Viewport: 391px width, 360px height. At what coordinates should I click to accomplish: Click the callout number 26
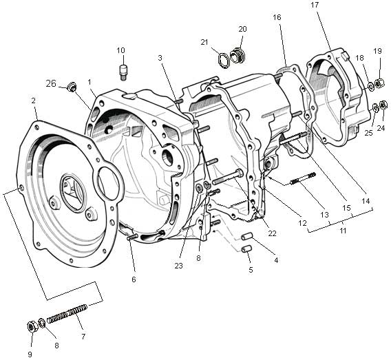point(51,83)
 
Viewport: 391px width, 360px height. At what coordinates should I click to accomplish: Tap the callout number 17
point(315,5)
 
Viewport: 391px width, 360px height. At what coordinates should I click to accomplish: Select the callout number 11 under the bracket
point(344,231)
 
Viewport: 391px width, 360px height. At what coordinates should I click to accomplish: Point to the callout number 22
point(272,233)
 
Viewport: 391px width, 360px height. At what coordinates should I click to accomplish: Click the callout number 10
point(120,50)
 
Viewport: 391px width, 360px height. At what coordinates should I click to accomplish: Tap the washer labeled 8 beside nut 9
point(42,323)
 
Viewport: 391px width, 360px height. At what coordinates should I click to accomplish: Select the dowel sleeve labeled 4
point(246,236)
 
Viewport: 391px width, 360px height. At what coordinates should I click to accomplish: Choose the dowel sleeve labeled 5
point(246,248)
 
